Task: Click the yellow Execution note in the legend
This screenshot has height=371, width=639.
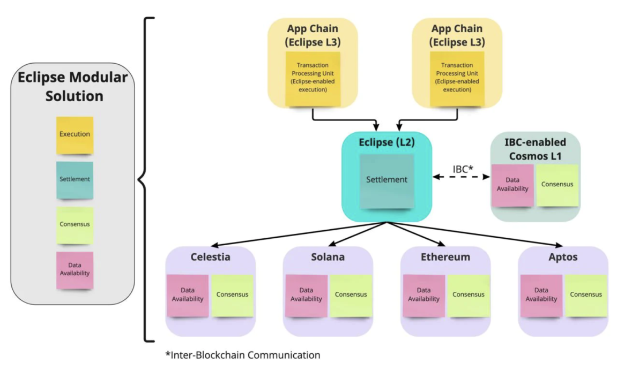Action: coord(75,134)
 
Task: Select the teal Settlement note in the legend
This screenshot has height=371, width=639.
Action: coord(75,180)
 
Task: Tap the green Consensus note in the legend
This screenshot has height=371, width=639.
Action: coord(75,225)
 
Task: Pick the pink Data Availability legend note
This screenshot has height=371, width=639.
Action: coord(75,270)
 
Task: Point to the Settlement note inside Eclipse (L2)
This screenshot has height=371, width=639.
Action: coord(387,180)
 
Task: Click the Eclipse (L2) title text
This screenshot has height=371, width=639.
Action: coord(386,143)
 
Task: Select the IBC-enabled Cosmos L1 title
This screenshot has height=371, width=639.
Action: coord(536,148)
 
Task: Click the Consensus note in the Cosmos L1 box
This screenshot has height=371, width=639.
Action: coord(557,185)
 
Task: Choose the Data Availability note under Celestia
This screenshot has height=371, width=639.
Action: coord(188,295)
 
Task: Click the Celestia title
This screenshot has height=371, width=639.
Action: coord(211,257)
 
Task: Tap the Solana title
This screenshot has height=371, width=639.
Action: coord(328,257)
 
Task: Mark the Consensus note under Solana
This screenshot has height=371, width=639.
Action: coord(351,295)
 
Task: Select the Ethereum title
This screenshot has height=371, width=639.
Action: coord(445,257)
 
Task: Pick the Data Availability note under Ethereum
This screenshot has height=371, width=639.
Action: coord(423,295)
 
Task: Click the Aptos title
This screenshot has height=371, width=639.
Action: coord(563,257)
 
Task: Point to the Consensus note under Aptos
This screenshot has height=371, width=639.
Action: coord(586,295)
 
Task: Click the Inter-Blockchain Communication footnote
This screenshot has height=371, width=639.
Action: coord(242,355)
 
